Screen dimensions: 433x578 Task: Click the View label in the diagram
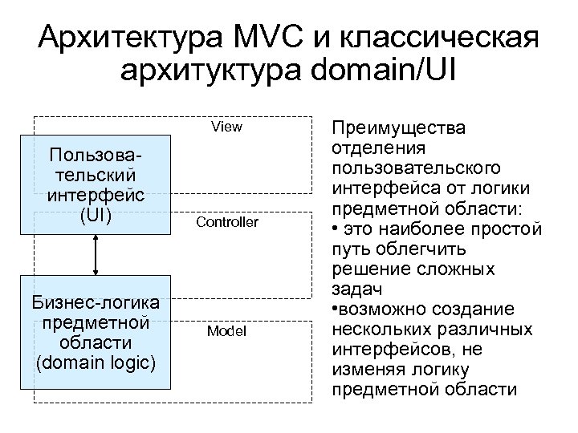click(x=226, y=127)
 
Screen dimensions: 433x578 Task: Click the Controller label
click(x=228, y=222)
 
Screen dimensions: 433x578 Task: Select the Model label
click(x=226, y=330)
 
